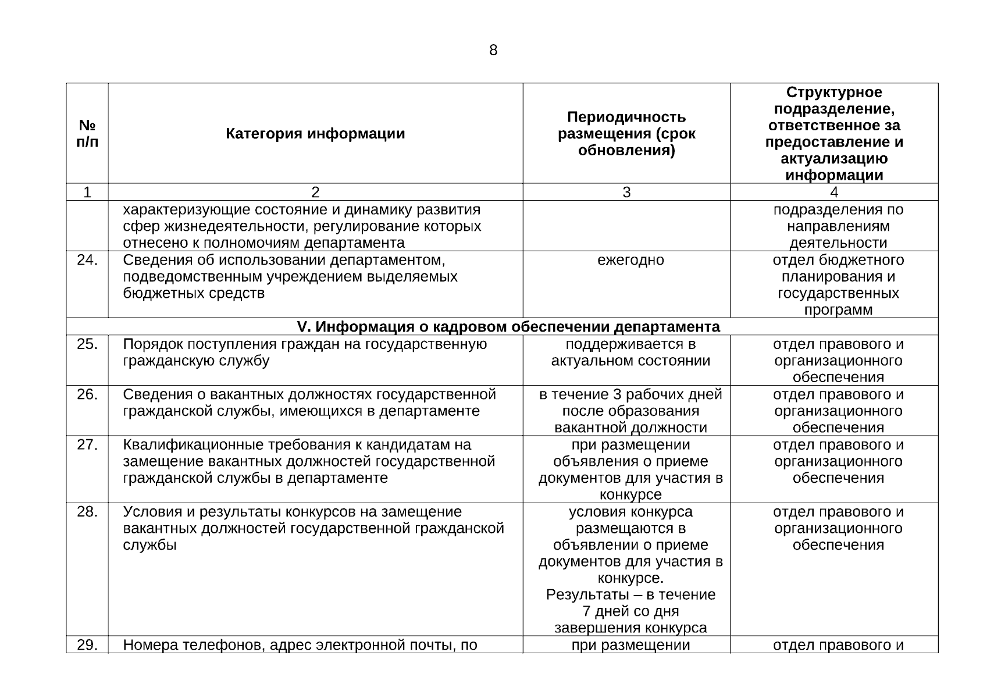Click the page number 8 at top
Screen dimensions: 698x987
click(493, 51)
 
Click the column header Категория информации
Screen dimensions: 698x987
click(315, 134)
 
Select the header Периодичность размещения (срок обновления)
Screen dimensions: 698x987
click(626, 134)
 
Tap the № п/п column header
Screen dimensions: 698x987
click(87, 134)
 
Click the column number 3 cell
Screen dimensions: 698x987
click(626, 192)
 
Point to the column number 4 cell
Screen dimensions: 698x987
click(834, 192)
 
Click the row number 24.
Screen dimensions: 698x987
click(87, 260)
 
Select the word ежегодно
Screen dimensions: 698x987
click(630, 260)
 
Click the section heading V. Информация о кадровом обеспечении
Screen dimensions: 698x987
click(508, 327)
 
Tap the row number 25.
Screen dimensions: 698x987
click(87, 344)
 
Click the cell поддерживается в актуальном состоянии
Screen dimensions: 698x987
click(630, 352)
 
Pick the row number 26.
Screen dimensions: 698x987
click(87, 395)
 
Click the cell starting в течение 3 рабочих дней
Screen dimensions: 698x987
click(630, 411)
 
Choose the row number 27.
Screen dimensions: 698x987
click(87, 445)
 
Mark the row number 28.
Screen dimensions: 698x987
click(87, 512)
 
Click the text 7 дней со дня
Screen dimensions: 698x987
click(630, 611)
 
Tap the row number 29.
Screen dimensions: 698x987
click(87, 645)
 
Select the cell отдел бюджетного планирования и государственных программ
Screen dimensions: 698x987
click(838, 284)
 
